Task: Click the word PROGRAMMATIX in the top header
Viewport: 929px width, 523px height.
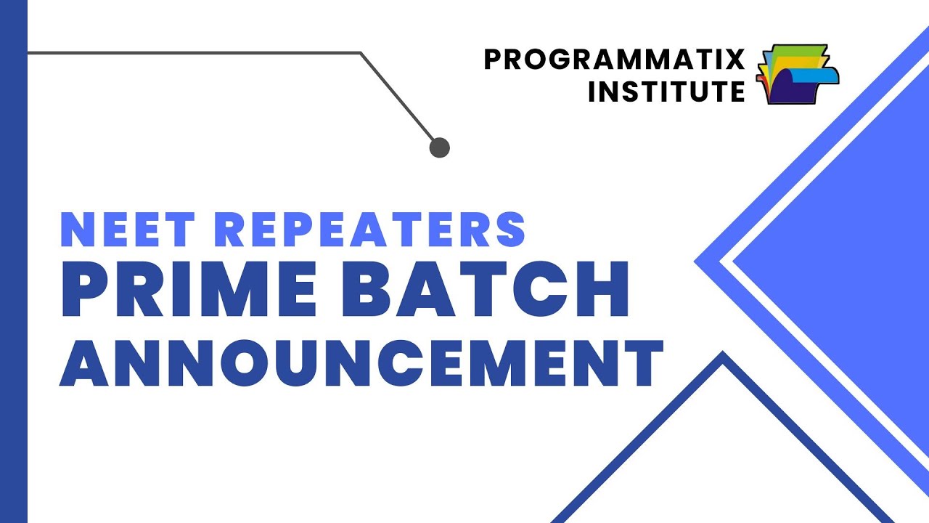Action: click(x=614, y=60)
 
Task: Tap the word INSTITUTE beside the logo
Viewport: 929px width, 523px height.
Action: click(x=666, y=92)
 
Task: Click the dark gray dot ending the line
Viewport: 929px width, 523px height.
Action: click(x=440, y=148)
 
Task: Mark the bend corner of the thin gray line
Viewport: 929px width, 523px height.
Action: click(x=361, y=53)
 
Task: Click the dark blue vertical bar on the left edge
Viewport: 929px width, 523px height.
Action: click(x=13, y=261)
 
